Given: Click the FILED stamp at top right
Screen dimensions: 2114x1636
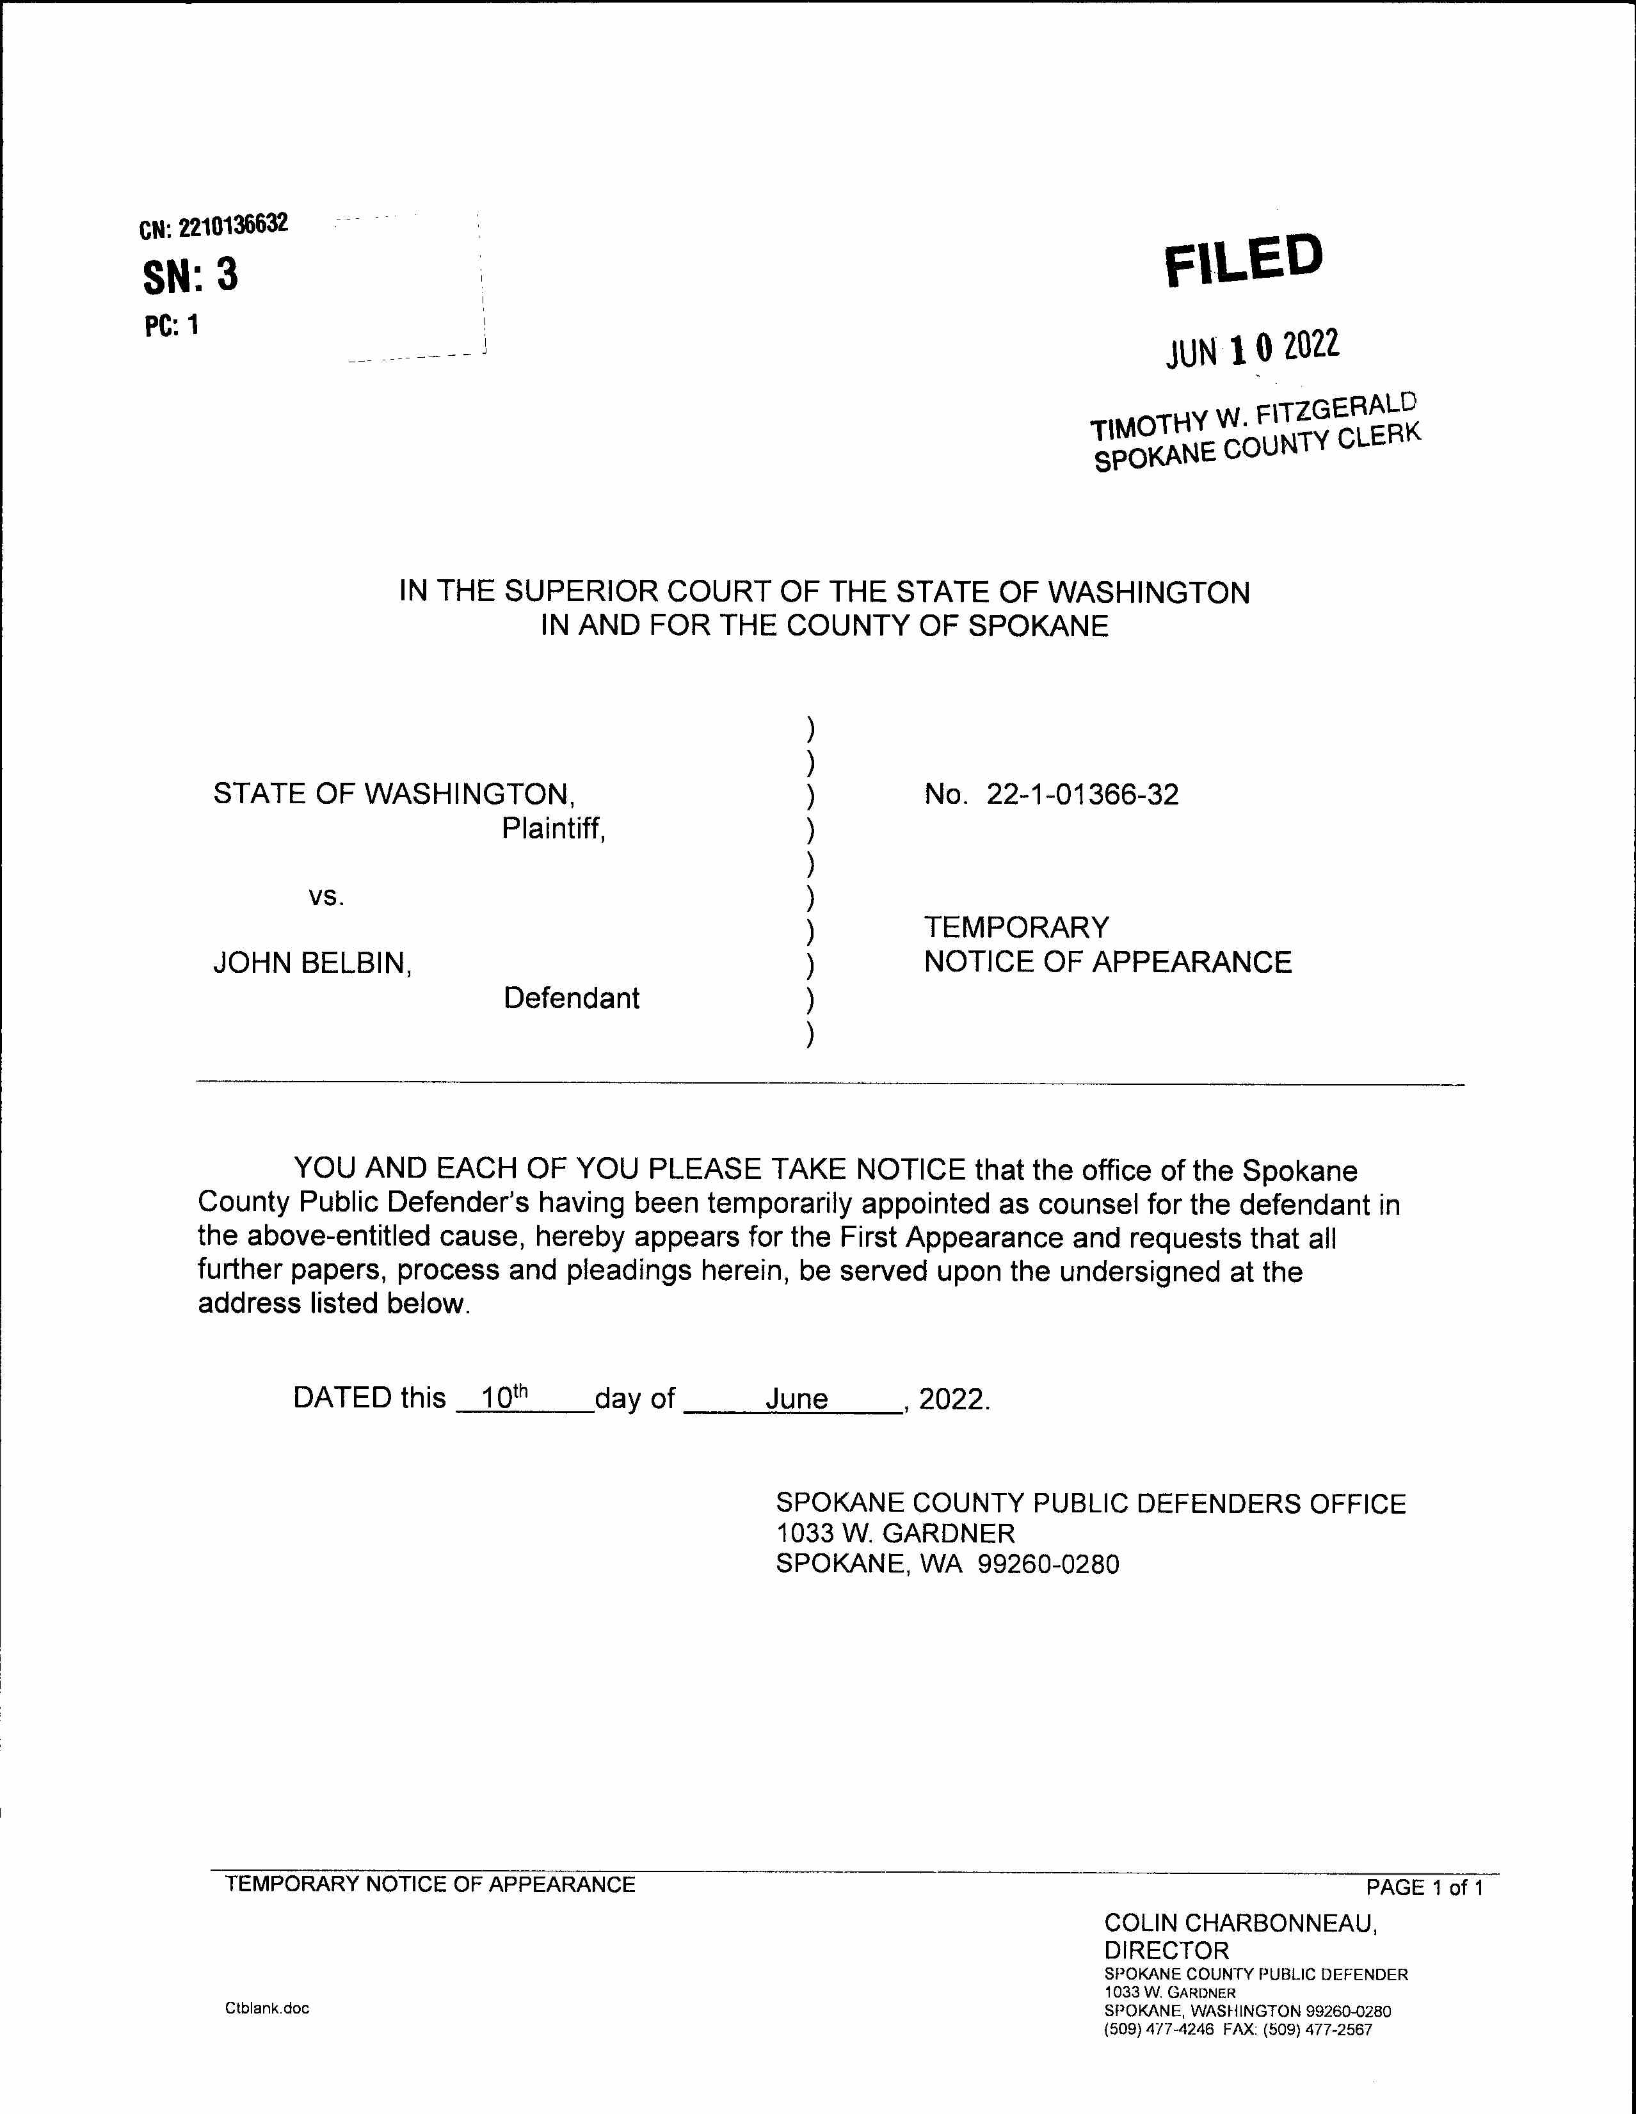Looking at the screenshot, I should [1243, 260].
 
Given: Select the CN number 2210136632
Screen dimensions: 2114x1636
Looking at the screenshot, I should [232, 225].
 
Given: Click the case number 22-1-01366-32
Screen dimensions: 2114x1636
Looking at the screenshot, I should [1082, 795].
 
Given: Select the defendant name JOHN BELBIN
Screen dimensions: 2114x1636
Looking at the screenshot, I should [312, 963].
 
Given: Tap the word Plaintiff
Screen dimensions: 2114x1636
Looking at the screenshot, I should [553, 829].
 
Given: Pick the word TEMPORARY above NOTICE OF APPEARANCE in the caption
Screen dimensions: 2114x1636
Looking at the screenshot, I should [1016, 927].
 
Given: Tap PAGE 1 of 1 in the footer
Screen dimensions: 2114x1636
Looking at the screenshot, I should [1423, 1887].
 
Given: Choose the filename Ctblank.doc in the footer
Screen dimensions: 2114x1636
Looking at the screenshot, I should [267, 2008].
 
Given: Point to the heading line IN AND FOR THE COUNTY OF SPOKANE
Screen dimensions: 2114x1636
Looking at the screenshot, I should [824, 625].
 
